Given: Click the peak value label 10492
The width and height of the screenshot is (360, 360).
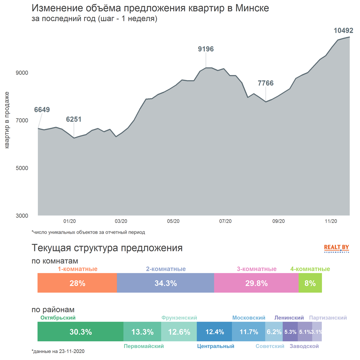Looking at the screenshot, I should [343, 31].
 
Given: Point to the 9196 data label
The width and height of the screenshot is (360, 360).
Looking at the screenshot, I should [206, 49].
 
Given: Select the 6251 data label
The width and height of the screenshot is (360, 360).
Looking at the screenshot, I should [74, 119].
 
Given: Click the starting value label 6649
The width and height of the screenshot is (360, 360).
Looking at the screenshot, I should [42, 110].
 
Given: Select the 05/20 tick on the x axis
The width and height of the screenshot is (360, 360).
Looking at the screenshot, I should [173, 221].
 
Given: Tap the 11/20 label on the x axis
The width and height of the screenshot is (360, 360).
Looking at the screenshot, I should [331, 221].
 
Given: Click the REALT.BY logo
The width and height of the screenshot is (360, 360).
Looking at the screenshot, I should [336, 248].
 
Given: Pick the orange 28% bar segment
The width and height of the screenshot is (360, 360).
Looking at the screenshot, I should [77, 283].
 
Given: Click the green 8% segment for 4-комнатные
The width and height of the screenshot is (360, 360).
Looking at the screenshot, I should [310, 283].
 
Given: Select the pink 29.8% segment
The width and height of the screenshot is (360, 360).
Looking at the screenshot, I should [256, 283].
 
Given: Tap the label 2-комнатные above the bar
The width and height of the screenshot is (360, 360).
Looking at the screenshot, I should [166, 269].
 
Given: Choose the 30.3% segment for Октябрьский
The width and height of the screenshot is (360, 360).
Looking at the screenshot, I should [80, 332].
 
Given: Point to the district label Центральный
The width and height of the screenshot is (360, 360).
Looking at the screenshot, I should [215, 346].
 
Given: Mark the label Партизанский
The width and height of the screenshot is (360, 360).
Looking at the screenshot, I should [328, 318].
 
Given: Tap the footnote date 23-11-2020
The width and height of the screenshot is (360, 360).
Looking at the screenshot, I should [71, 351].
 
